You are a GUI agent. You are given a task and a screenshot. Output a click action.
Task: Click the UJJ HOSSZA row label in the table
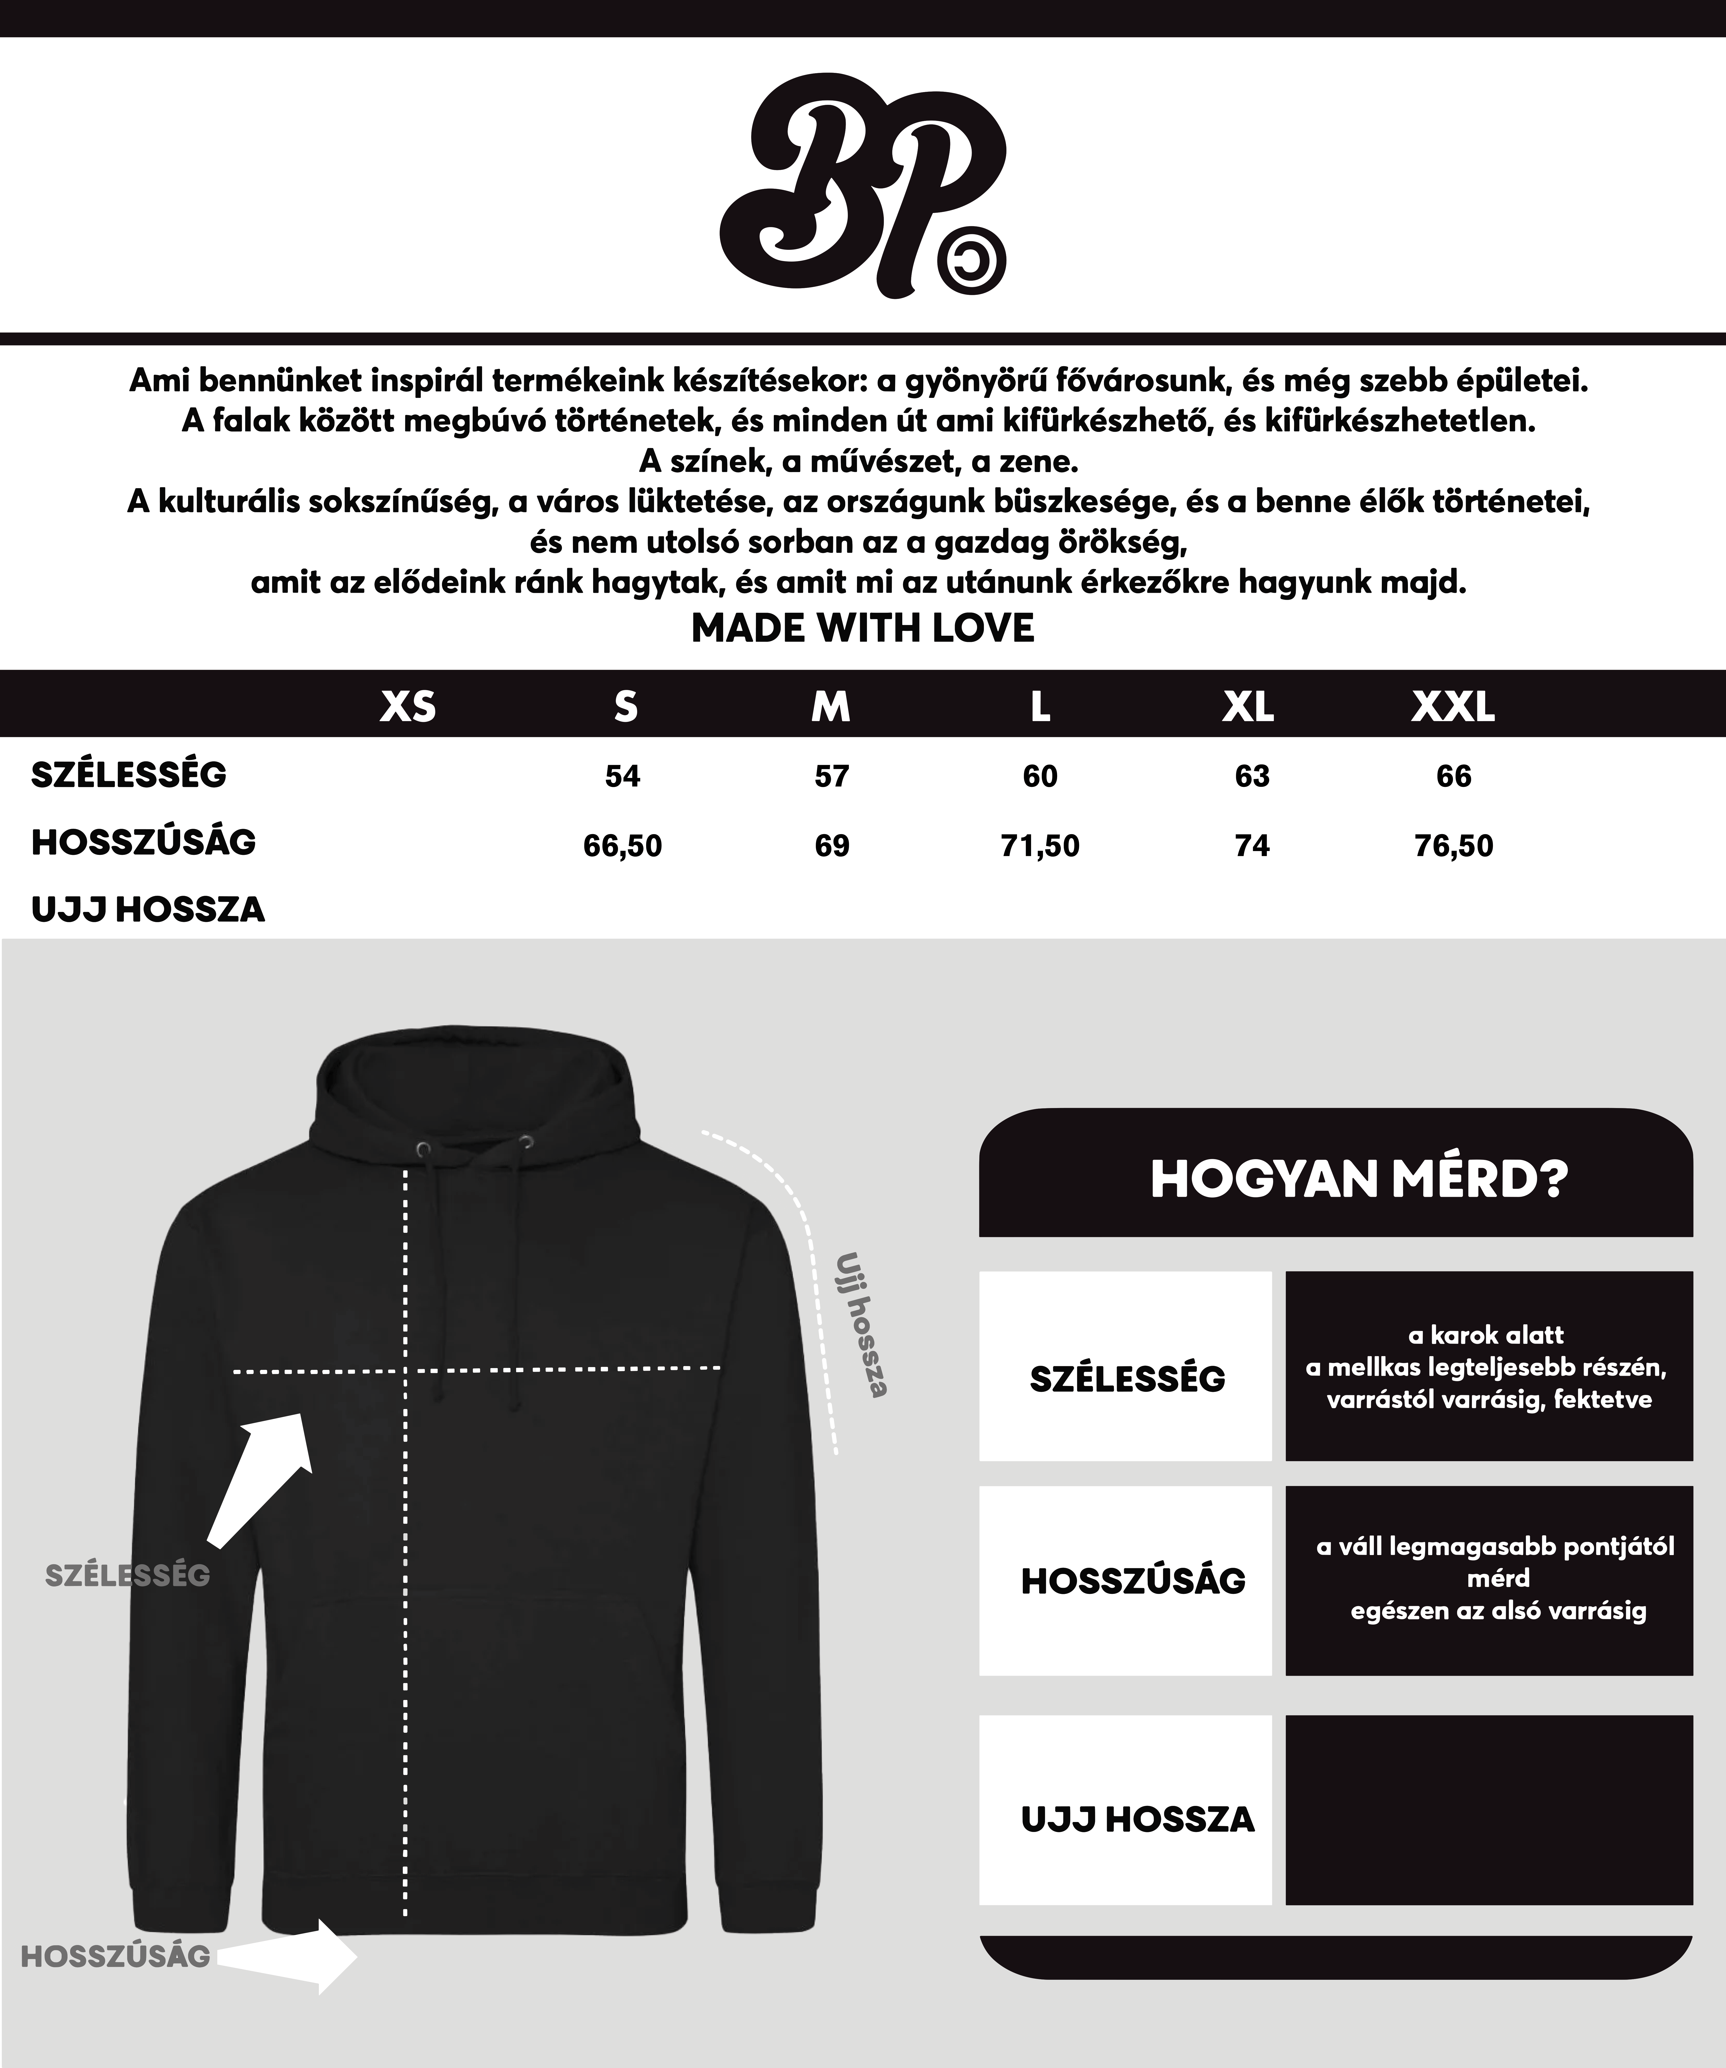pyautogui.click(x=148, y=909)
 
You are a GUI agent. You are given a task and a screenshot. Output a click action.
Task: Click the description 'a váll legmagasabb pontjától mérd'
pyautogui.click(x=1495, y=1579)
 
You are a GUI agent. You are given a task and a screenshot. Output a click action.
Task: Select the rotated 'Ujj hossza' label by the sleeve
pyautogui.click(x=862, y=1325)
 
